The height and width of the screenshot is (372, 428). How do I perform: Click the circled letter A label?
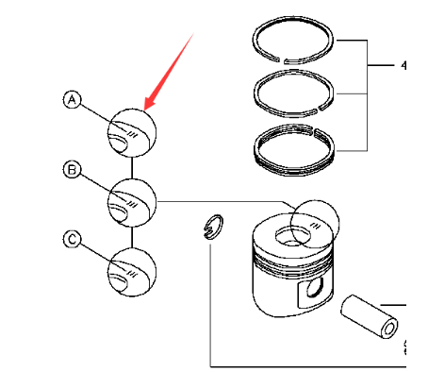pos(71,99)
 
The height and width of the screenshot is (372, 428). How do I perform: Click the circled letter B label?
pos(71,170)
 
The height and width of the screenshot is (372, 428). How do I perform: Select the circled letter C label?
pos(71,240)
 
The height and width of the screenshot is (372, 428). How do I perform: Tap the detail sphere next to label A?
pos(132,131)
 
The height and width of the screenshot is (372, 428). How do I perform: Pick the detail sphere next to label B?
pos(132,201)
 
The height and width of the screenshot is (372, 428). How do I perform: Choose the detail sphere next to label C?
pos(132,271)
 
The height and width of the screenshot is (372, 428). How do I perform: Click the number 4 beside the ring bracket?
pos(403,67)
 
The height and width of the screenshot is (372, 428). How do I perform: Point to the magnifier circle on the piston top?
pos(313,224)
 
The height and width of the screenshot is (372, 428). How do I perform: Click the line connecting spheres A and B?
pos(132,166)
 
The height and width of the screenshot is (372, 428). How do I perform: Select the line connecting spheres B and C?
pos(132,236)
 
